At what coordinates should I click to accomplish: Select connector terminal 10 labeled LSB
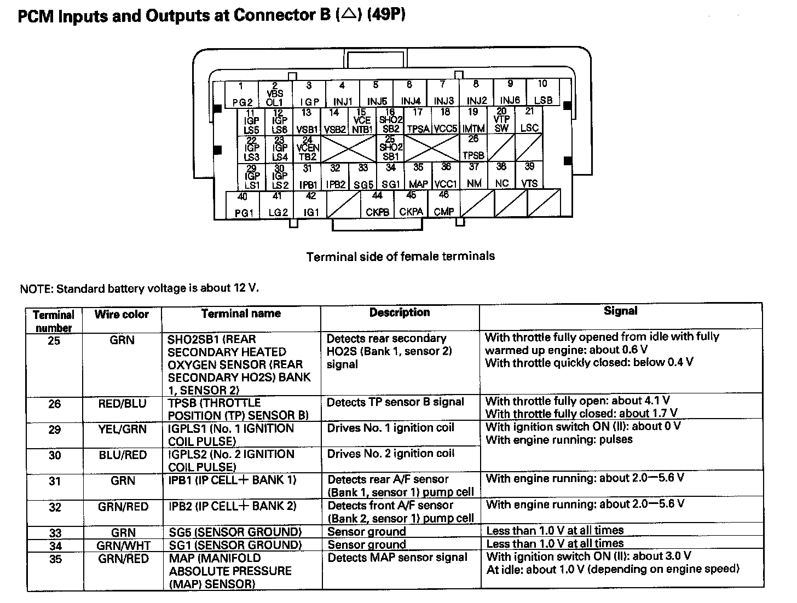point(542,92)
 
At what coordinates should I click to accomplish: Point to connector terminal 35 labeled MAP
point(418,176)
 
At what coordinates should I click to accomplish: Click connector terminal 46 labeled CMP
point(443,204)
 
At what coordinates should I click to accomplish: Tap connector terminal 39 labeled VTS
point(529,176)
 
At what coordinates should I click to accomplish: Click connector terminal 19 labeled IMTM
point(473,120)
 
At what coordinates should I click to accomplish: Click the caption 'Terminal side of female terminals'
point(400,256)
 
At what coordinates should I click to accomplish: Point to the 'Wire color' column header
point(122,314)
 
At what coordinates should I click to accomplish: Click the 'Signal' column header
point(620,311)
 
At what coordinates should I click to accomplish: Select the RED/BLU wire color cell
point(122,404)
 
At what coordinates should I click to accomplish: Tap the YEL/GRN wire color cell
point(122,429)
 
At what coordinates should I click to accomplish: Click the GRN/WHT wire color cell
point(123,546)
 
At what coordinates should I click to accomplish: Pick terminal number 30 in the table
point(54,455)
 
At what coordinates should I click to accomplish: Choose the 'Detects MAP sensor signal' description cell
point(397,558)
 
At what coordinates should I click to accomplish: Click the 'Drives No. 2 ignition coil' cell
point(391,454)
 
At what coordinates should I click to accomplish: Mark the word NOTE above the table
point(36,288)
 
